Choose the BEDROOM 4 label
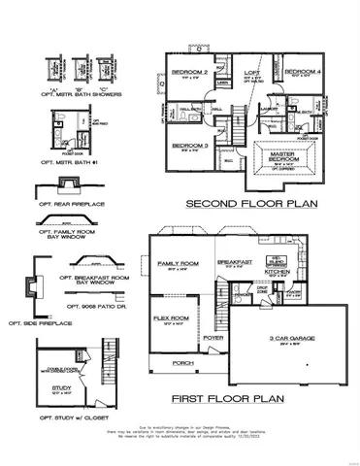(x=302, y=72)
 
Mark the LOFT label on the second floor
(x=249, y=71)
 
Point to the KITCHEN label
(x=274, y=273)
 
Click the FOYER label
(x=214, y=339)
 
